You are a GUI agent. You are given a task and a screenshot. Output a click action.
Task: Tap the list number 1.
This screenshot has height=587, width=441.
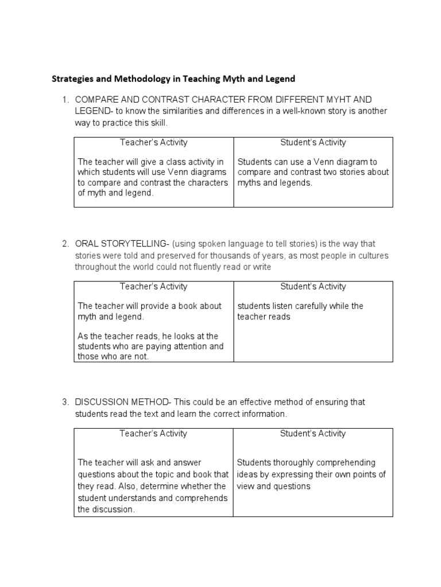pyautogui.click(x=65, y=99)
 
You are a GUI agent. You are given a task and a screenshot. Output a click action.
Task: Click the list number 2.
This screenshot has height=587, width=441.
pyautogui.click(x=65, y=244)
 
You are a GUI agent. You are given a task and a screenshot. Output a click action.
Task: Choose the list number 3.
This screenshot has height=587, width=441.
pyautogui.click(x=65, y=402)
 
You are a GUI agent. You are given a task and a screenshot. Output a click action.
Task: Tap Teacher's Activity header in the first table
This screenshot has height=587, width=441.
pyautogui.click(x=153, y=142)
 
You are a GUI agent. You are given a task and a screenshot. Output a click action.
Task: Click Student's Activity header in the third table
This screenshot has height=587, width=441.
pyautogui.click(x=313, y=433)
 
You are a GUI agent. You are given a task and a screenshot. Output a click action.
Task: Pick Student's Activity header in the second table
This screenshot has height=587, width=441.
pyautogui.click(x=313, y=286)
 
